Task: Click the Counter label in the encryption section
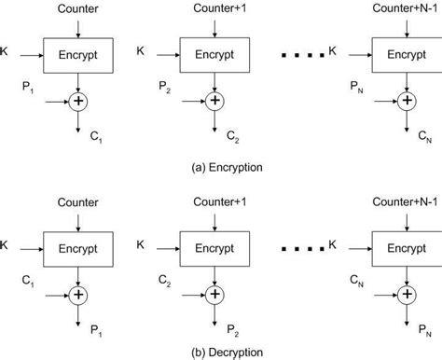tap(78, 8)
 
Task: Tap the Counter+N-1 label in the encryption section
tap(406, 8)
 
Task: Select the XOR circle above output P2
tap(215, 294)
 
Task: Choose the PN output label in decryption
tap(425, 328)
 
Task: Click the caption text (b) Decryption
tap(220, 352)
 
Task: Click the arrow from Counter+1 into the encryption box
tap(214, 27)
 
